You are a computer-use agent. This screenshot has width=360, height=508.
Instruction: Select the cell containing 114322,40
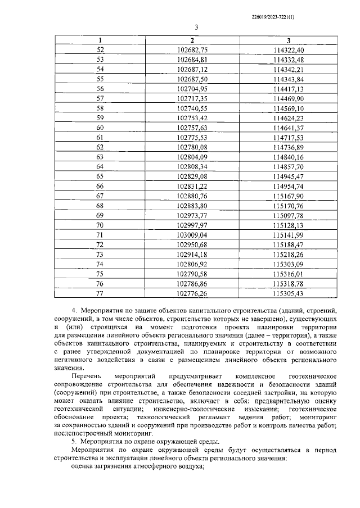[288, 50]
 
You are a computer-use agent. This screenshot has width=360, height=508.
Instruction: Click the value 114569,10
[288, 108]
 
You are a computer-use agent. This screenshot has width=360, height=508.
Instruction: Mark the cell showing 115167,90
[288, 196]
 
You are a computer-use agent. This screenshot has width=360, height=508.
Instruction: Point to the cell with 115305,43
[288, 293]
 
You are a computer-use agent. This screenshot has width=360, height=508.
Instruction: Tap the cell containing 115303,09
[288, 264]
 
